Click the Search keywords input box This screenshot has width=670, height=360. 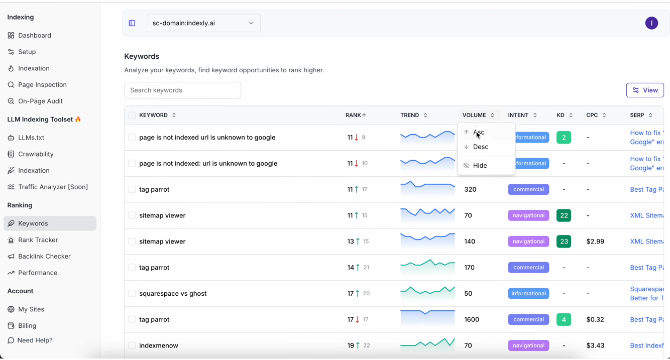coord(182,90)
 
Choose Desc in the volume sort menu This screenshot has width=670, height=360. coord(480,147)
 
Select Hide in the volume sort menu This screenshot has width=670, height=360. coord(480,166)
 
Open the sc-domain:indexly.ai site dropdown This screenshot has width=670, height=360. coord(203,23)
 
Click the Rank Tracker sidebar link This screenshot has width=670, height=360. coord(38,240)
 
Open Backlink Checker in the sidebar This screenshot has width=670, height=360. coord(44,257)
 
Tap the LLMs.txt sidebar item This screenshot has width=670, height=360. coord(31,138)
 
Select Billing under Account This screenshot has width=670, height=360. coord(27,326)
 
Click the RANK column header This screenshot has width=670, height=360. coord(356,115)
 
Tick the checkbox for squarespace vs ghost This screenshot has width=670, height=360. coord(132,294)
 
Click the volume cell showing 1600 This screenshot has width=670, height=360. coord(471,320)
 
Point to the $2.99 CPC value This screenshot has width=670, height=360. coord(595,242)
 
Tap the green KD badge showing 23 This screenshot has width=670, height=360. coord(564,242)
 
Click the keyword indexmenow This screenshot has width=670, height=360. coord(159,346)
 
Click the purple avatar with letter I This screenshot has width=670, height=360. coord(651,23)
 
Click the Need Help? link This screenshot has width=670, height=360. coord(35,340)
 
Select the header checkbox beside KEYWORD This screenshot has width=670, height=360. coord(132,115)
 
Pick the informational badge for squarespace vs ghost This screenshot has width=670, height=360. coord(528,294)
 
